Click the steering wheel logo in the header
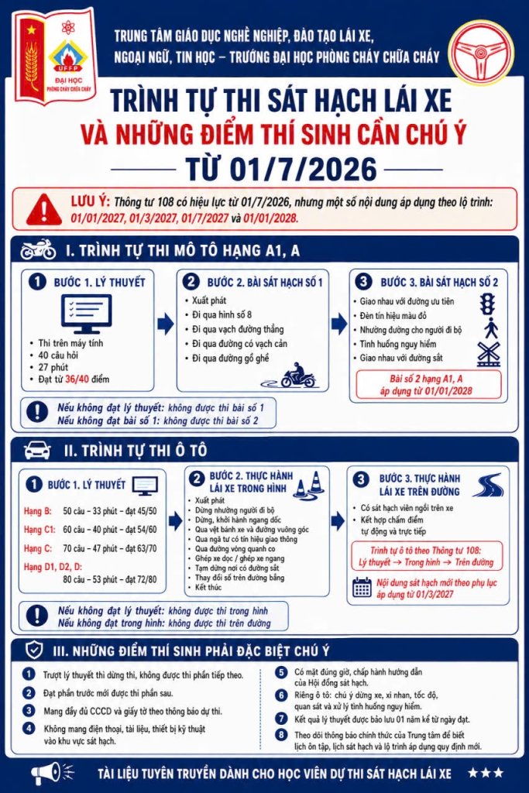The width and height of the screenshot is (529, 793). [x=481, y=52]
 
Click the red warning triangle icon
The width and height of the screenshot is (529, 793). [x=44, y=209]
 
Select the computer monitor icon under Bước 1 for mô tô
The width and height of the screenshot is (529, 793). [x=86, y=314]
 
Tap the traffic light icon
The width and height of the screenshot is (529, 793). [x=487, y=304]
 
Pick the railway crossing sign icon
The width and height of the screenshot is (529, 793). [x=489, y=354]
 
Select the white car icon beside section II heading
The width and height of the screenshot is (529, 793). [x=37, y=450]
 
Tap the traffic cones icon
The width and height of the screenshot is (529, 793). [x=310, y=483]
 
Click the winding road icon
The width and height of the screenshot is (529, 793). [x=487, y=485]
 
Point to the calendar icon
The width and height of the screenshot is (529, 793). [x=362, y=587]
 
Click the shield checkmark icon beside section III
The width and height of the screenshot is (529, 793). [x=34, y=651]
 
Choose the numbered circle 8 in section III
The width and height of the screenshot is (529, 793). [x=281, y=735]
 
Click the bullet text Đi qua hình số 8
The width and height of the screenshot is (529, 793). [x=222, y=314]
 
